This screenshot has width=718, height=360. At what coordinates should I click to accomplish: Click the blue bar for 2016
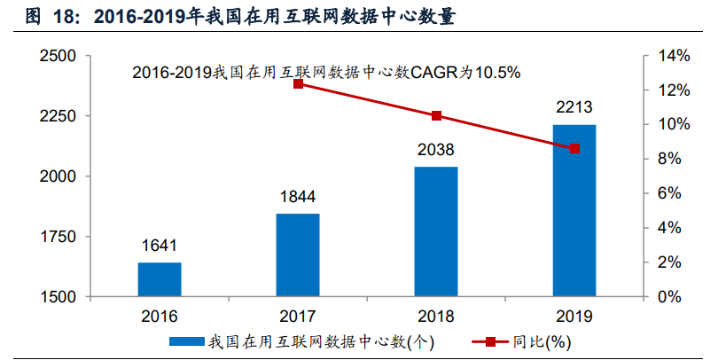[160, 279]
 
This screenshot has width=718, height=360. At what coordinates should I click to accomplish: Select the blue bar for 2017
[298, 255]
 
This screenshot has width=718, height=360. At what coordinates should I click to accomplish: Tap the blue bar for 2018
[436, 231]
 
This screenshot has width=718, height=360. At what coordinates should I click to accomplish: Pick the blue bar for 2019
[574, 210]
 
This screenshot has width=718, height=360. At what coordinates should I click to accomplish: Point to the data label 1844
[298, 197]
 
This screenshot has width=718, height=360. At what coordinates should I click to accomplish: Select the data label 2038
[436, 150]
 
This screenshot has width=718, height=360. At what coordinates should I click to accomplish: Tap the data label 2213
[574, 107]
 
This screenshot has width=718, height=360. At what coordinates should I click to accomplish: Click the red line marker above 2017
[298, 83]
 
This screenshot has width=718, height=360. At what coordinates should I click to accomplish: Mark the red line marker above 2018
[436, 116]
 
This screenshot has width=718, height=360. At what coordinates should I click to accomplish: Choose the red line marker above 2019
[574, 148]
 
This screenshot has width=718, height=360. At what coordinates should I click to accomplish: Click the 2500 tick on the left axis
[59, 56]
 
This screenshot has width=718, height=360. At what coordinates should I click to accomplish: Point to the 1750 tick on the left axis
[59, 237]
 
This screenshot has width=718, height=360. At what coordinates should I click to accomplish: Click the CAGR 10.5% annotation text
[326, 72]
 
